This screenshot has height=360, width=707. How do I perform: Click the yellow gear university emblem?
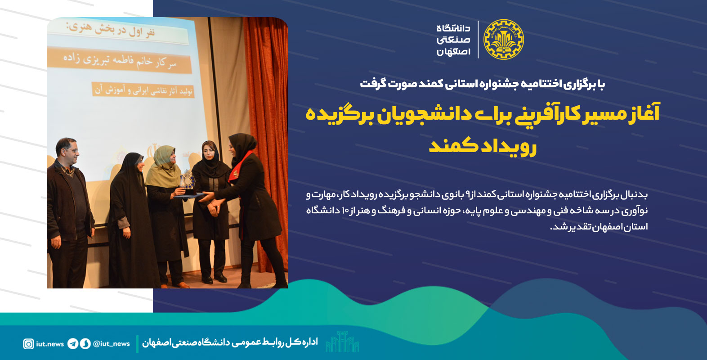click(503, 40)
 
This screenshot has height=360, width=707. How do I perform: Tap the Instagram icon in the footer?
click(28, 344)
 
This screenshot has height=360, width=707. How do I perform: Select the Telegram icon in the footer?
click(73, 344)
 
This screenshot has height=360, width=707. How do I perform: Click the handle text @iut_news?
click(112, 344)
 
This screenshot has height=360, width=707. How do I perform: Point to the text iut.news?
click(50, 344)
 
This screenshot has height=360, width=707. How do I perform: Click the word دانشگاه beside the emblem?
click(453, 28)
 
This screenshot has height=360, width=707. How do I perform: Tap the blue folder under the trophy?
click(189, 196)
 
